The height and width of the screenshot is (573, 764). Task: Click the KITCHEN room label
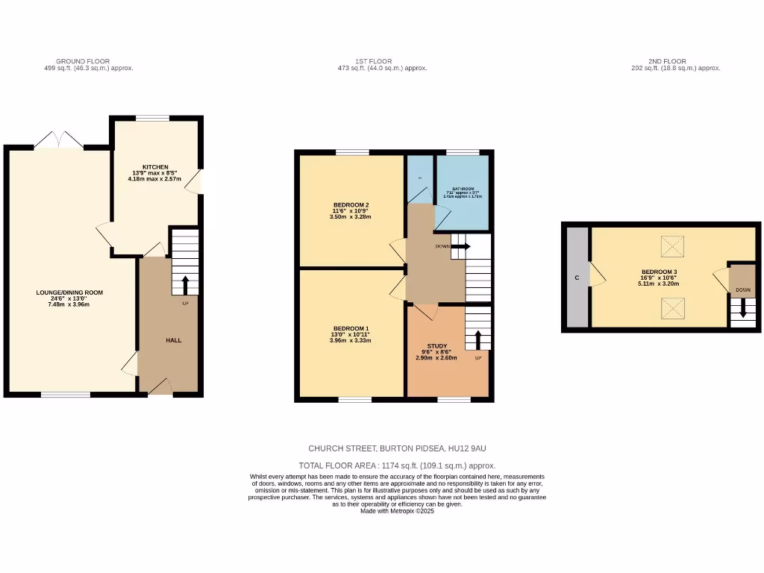(x=155, y=167)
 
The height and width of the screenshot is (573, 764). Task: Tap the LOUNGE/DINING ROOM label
(x=69, y=292)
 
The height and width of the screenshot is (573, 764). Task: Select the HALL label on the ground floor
(x=173, y=340)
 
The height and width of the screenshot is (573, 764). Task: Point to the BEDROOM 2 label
(x=351, y=205)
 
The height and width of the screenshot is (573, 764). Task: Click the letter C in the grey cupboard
(x=576, y=278)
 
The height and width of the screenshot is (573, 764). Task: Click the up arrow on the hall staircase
(x=185, y=284)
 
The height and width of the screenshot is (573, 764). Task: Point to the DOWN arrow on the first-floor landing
(x=460, y=246)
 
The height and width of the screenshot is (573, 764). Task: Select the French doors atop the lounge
(x=59, y=140)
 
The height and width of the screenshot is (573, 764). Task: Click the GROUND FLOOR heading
(x=83, y=61)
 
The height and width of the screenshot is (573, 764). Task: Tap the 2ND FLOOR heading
(x=666, y=61)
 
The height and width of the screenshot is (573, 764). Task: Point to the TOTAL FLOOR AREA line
(x=397, y=465)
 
